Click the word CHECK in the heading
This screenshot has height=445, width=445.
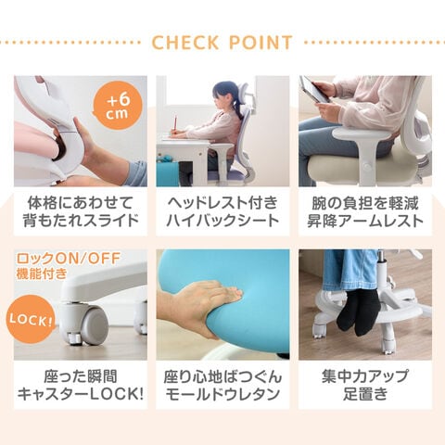click(185, 43)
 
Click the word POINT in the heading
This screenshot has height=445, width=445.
click(261, 43)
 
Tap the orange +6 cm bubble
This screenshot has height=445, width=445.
click(118, 106)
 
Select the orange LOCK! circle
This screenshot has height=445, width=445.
click(31, 319)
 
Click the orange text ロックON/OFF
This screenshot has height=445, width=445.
click(69, 259)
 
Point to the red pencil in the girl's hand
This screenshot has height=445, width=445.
click(175, 123)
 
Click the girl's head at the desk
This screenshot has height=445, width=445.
click(225, 95)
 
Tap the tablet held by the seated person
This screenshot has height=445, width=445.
click(314, 89)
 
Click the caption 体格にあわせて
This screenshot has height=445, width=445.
click(81, 203)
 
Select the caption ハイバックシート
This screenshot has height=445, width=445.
click(222, 221)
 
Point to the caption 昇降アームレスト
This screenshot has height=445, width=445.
click(365, 221)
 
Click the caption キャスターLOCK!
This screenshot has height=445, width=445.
click(81, 394)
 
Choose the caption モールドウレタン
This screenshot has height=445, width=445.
click(222, 394)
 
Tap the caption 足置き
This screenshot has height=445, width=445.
click(365, 394)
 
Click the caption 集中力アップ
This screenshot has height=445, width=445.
click(365, 376)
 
